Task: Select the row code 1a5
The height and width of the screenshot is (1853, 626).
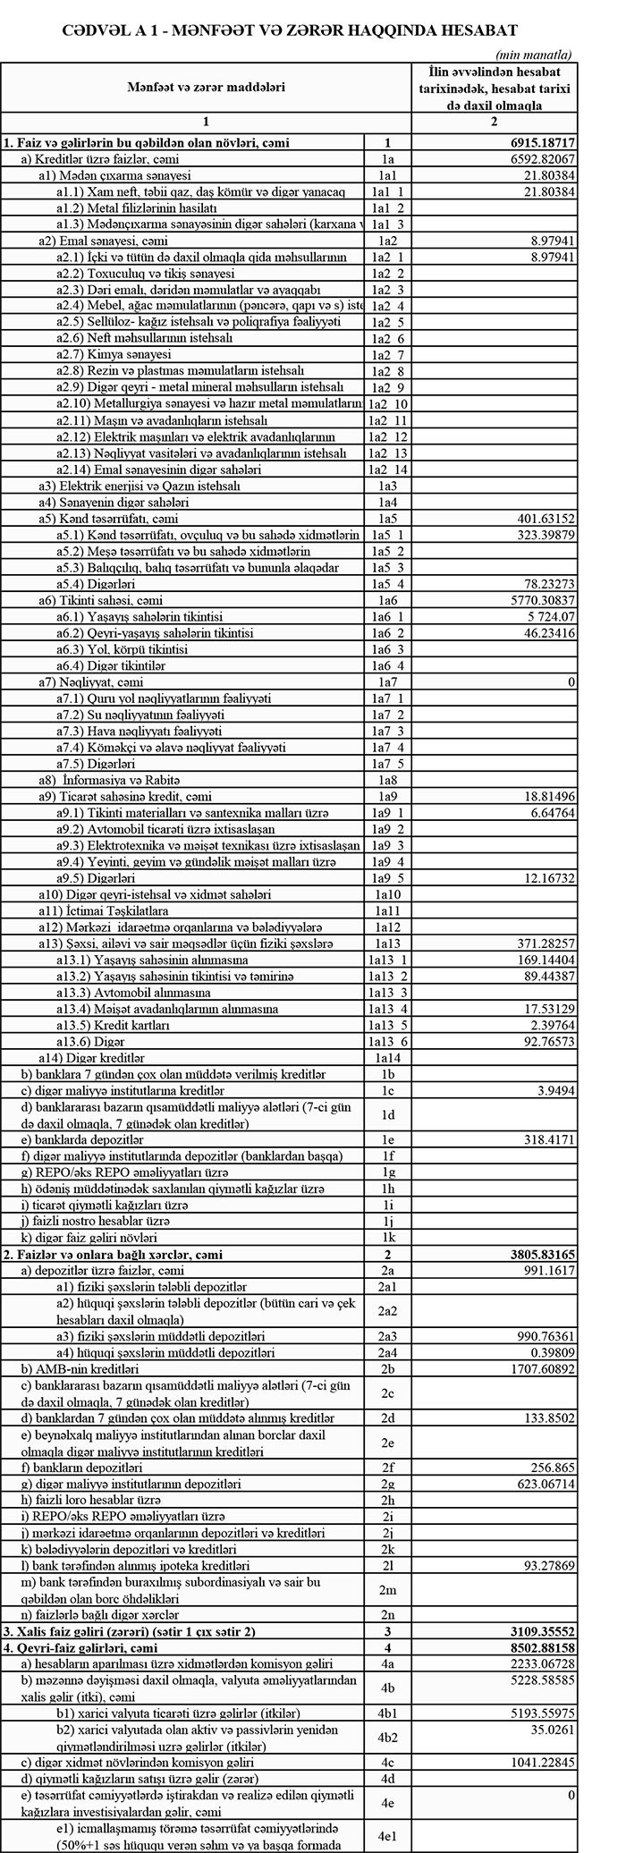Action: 387,519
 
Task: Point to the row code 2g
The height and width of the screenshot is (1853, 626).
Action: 387,1484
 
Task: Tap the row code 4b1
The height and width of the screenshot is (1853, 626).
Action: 387,1713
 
